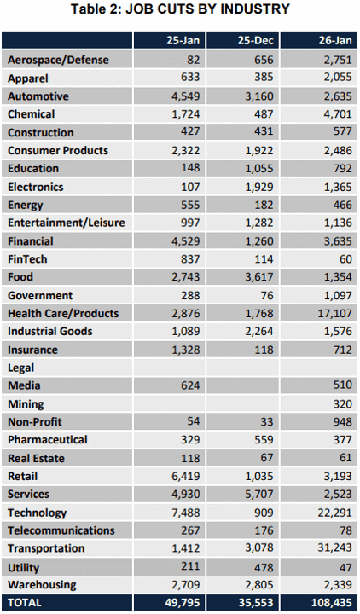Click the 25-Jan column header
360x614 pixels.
183,41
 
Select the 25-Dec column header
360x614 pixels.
255,41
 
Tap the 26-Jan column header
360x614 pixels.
335,41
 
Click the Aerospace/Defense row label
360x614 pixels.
58,60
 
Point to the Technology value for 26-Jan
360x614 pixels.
335,513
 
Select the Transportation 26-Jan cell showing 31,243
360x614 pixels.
335,548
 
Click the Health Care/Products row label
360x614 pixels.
63,313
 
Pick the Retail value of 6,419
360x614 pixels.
186,476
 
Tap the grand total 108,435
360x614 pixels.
332,602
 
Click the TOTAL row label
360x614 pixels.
24,602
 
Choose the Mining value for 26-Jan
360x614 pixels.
343,403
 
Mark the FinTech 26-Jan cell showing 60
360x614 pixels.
346,259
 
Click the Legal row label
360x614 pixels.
20,368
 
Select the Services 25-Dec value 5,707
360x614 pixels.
259,494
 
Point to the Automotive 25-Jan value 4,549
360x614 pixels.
186,96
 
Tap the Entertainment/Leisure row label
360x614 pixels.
67,223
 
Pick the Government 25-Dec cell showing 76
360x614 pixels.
267,295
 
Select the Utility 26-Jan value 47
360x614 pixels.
346,566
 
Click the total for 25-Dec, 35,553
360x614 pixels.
256,602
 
